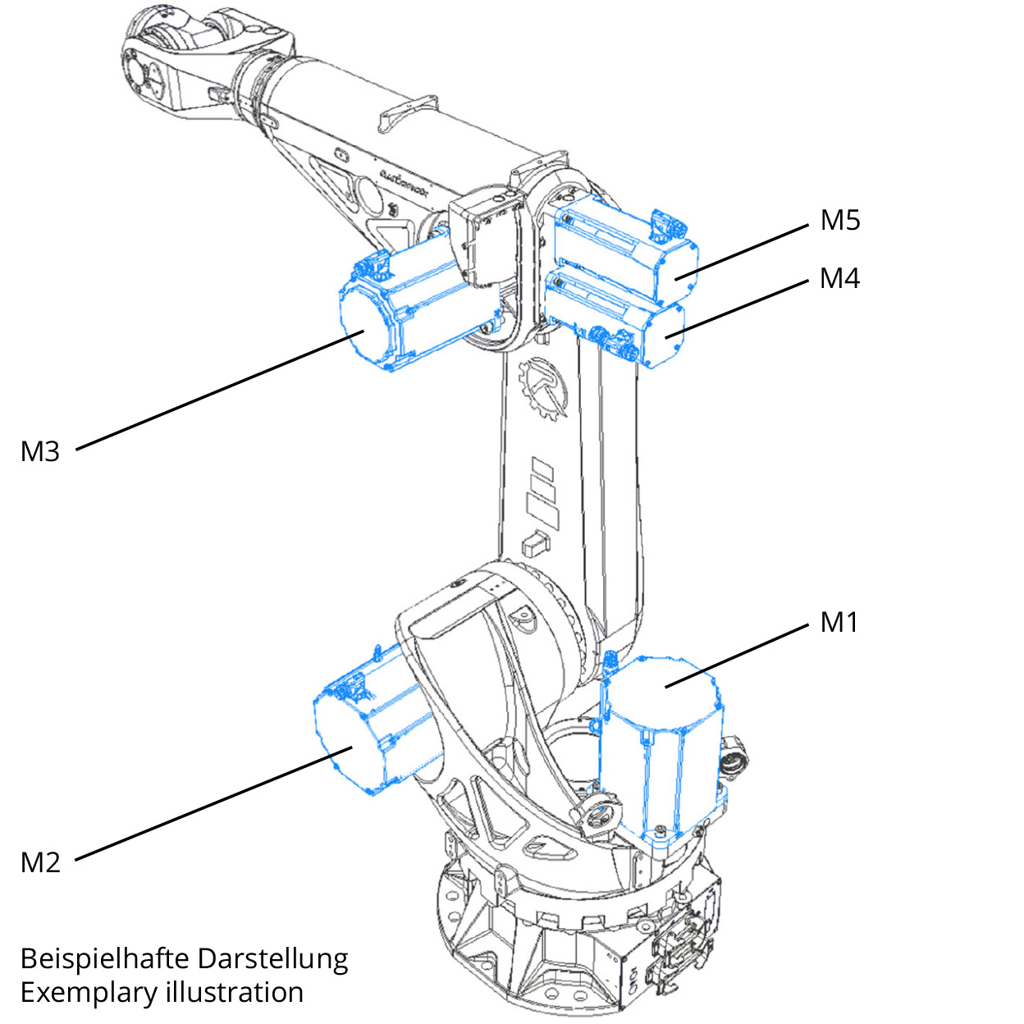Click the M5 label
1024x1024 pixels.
(839, 220)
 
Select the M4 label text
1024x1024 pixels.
(839, 279)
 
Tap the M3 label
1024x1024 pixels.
(40, 451)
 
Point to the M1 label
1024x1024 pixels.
(839, 623)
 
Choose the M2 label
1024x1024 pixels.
(40, 862)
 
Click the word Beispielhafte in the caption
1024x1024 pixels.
(104, 958)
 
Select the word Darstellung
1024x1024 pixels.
(273, 958)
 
